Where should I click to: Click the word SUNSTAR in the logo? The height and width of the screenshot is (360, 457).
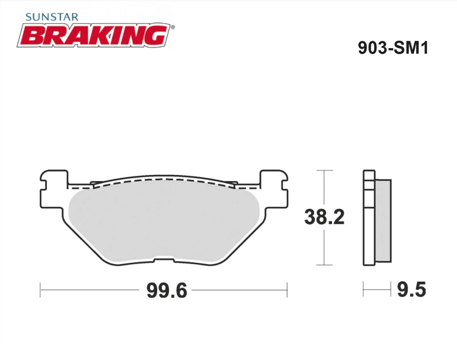pos(52,17)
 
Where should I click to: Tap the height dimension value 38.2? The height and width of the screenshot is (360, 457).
pos(324,217)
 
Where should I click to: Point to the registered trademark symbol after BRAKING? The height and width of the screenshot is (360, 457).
pos(173,27)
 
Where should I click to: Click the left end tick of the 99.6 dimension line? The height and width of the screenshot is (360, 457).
pos(41,290)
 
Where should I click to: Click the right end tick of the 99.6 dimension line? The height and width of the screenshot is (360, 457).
pos(287,290)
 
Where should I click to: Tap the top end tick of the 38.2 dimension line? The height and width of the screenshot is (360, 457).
pos(325,170)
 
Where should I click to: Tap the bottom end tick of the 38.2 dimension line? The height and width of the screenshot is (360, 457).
pos(325,265)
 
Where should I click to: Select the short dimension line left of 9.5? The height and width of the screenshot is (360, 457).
pos(377,290)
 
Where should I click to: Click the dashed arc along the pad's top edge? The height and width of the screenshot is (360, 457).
pos(164,180)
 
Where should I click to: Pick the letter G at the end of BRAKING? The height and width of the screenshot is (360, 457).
pos(156,36)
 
